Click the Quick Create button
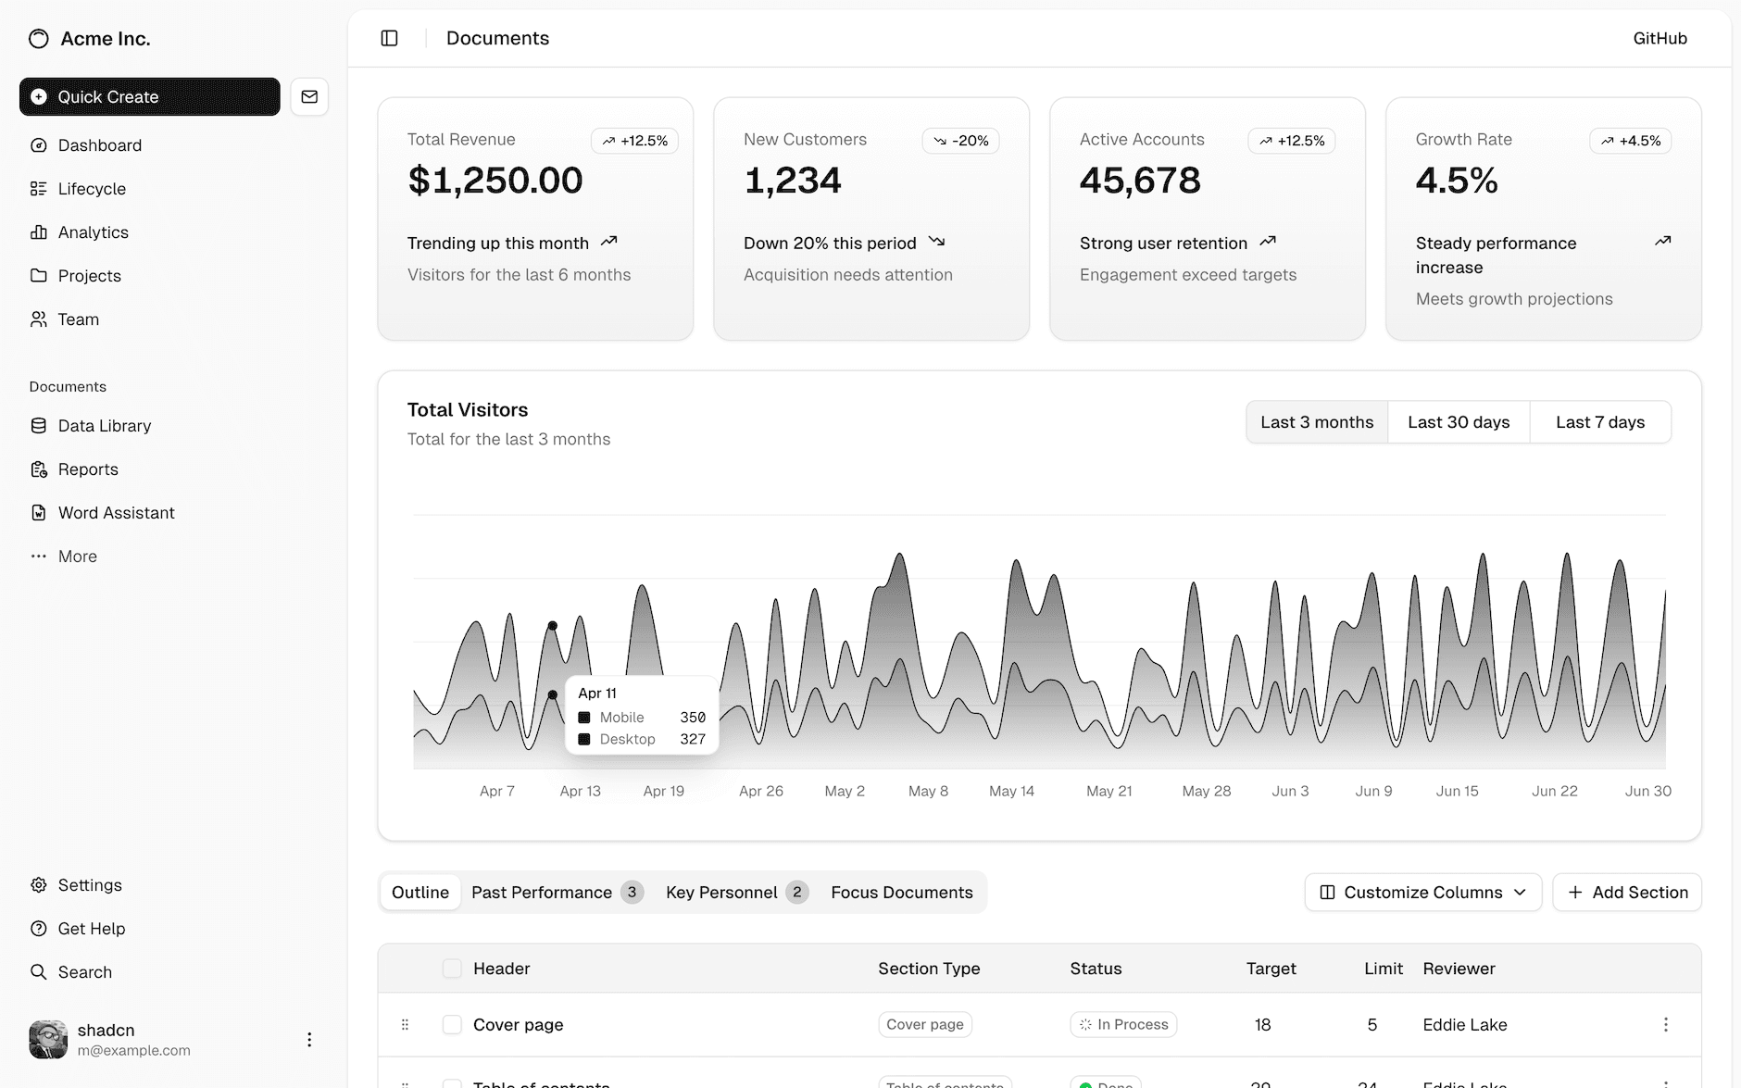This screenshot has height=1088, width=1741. pyautogui.click(x=149, y=96)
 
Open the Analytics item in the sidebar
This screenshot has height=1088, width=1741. pyautogui.click(x=93, y=232)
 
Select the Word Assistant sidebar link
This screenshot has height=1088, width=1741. pyautogui.click(x=116, y=513)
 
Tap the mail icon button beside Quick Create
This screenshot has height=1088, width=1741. pyautogui.click(x=309, y=96)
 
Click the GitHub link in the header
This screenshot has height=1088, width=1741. pyautogui.click(x=1660, y=38)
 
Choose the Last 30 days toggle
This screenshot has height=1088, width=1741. pyautogui.click(x=1459, y=422)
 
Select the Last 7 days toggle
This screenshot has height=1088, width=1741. pyautogui.click(x=1600, y=422)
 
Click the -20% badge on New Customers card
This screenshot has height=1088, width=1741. pyautogui.click(x=961, y=141)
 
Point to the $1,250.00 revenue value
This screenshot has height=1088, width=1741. pyautogui.click(x=495, y=180)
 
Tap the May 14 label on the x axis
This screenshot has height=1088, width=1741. pyautogui.click(x=1011, y=791)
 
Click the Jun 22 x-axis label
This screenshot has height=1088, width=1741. pyautogui.click(x=1554, y=791)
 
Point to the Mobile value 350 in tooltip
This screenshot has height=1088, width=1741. pyautogui.click(x=693, y=718)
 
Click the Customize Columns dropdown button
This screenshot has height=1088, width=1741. pyautogui.click(x=1422, y=893)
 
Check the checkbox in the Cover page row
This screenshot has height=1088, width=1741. pyautogui.click(x=452, y=1024)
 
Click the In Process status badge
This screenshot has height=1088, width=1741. pyautogui.click(x=1123, y=1024)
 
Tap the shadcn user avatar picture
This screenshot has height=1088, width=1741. pyautogui.click(x=48, y=1039)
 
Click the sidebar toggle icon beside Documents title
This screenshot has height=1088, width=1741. pyautogui.click(x=389, y=38)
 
